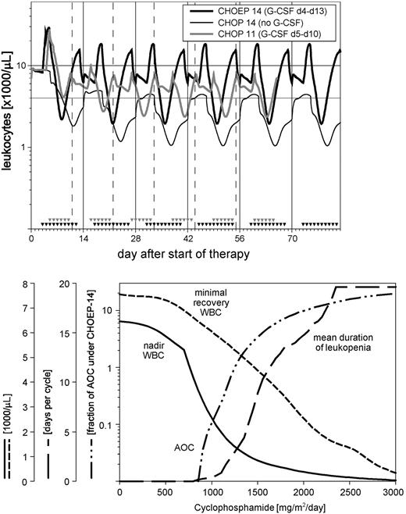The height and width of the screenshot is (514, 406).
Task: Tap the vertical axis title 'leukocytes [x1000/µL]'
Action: (x=7, y=117)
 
